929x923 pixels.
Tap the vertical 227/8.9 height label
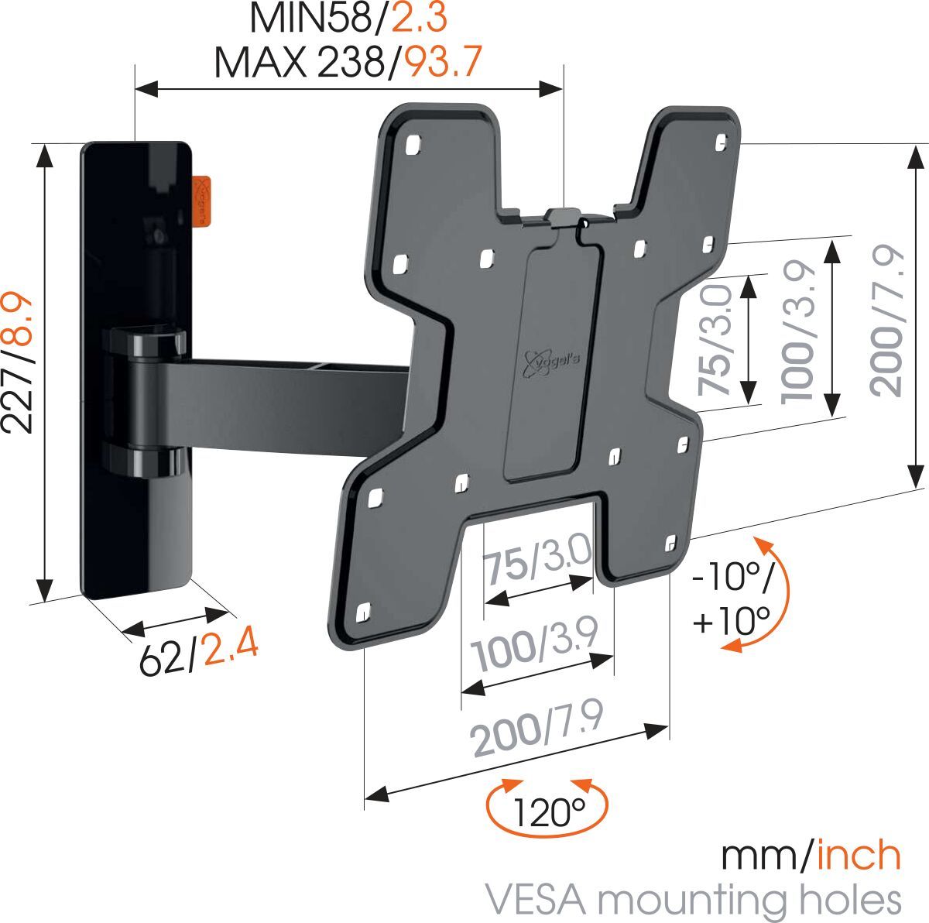(19, 362)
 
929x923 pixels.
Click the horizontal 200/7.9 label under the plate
(537, 729)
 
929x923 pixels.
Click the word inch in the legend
(859, 856)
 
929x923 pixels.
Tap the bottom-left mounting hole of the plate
(363, 614)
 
